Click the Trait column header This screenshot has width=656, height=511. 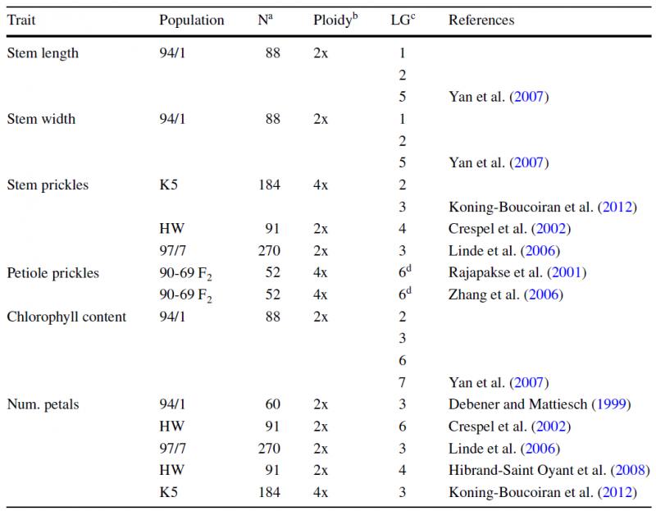21,20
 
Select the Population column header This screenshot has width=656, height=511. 192,20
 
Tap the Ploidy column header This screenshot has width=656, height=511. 335,19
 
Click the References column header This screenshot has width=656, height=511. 481,20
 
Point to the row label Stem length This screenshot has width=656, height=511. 43,53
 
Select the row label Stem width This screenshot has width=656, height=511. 41,119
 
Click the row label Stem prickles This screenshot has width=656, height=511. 48,185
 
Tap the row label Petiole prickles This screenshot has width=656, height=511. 53,273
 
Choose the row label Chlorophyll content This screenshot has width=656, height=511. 66,317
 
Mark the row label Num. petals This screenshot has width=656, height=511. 43,404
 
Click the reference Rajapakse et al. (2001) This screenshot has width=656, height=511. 517,273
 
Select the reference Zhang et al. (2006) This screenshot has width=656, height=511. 506,294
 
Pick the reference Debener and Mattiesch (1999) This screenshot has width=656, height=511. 540,404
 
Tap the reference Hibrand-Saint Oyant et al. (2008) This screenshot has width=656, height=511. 549,471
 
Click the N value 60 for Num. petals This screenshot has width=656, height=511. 272,404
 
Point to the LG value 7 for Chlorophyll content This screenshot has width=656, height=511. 402,382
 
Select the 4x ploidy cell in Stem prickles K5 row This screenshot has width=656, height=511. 321,185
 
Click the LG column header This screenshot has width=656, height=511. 403,19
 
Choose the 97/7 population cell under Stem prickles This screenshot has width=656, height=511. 172,251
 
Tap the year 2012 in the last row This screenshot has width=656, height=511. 617,492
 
